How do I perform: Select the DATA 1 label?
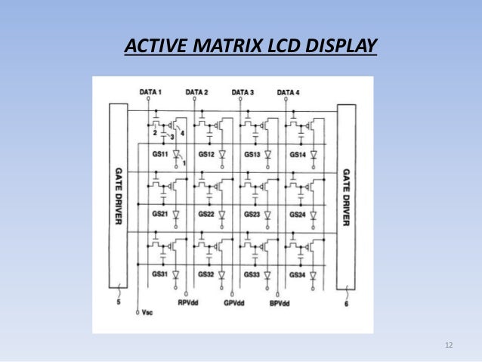pyautogui.click(x=151, y=92)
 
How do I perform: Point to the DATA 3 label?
pyautogui.click(x=243, y=92)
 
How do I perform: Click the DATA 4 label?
pyautogui.click(x=288, y=92)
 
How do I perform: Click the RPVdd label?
pyautogui.click(x=189, y=304)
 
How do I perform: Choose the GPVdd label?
pyautogui.click(x=234, y=304)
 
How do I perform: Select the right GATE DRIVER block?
pyautogui.click(x=346, y=196)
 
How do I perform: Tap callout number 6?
pyautogui.click(x=347, y=304)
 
